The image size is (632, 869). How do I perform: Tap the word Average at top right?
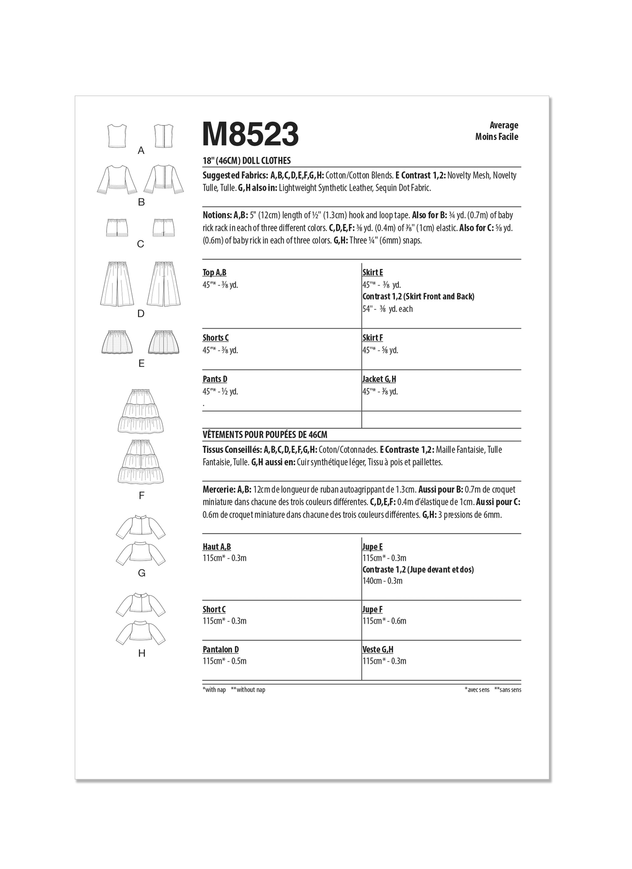point(504,126)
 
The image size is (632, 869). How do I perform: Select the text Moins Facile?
point(496,137)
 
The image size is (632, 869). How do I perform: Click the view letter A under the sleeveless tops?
point(141,151)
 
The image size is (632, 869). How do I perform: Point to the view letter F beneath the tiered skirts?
point(141,495)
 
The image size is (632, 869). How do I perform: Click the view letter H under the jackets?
point(141,653)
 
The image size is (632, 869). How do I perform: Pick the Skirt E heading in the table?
point(372,273)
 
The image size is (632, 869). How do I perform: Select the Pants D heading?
point(215,379)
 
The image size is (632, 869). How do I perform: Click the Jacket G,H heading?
point(379,379)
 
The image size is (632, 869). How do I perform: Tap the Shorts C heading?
point(215,338)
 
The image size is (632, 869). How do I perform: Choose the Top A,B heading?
point(214,273)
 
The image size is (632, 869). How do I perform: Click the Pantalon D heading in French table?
point(221,650)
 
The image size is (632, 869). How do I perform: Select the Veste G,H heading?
point(378,650)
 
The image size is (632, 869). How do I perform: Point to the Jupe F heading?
point(372,610)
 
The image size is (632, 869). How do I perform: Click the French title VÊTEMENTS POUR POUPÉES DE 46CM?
point(265,435)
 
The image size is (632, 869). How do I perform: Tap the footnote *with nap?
point(214,690)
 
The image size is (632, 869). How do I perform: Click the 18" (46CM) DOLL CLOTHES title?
point(247,161)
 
